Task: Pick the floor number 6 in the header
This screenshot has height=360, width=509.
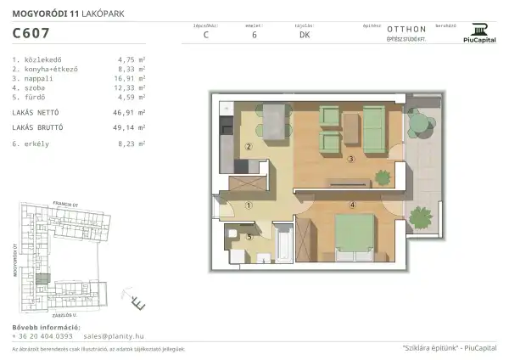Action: pyautogui.click(x=255, y=35)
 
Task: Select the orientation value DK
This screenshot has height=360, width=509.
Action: pyautogui.click(x=304, y=35)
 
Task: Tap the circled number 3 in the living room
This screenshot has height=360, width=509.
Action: pyautogui.click(x=350, y=158)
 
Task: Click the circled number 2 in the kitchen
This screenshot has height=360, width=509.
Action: pyautogui.click(x=249, y=146)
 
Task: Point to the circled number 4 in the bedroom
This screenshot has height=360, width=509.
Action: pyautogui.click(x=350, y=204)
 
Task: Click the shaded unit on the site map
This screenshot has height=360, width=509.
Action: pyautogui.click(x=37, y=276)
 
